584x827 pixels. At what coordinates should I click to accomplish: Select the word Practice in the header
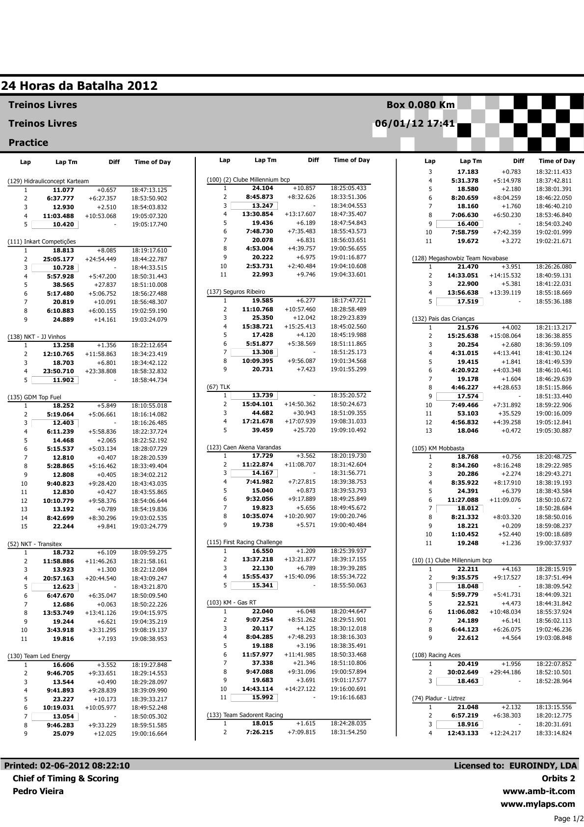[x=28, y=143]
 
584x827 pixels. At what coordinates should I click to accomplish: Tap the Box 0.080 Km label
[x=421, y=105]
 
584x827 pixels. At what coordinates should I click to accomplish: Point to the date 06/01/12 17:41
[x=415, y=123]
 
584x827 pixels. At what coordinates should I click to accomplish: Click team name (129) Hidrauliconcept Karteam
[x=48, y=181]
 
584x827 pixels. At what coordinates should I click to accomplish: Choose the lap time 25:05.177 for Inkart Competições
[x=58, y=259]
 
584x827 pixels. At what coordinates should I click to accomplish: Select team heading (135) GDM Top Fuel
[x=34, y=397]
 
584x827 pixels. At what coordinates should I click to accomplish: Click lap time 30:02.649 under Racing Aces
[x=462, y=672]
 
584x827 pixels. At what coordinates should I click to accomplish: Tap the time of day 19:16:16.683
[x=348, y=697]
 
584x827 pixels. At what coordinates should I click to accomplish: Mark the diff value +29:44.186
[x=505, y=672]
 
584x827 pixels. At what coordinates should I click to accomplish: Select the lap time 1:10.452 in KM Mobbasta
[x=465, y=534]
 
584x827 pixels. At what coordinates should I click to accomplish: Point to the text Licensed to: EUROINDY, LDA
[x=515, y=766]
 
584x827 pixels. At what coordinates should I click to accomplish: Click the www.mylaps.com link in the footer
[x=537, y=804]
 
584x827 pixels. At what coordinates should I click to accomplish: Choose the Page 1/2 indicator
[x=568, y=819]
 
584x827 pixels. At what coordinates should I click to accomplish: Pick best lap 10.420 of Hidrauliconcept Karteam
[x=63, y=224]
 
